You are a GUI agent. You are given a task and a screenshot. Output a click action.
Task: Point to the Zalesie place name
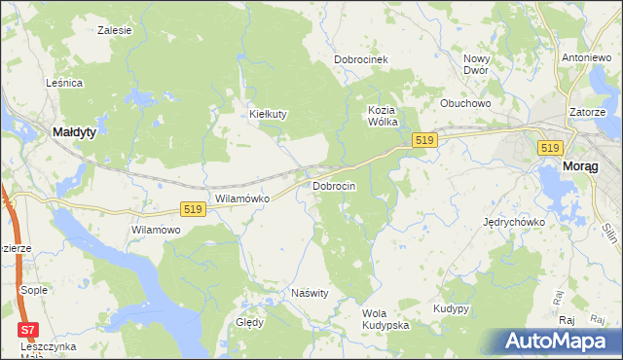coord(115,30)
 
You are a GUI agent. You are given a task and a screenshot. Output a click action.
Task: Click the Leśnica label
coord(64,84)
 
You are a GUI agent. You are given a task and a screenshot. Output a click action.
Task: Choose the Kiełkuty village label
coord(269,114)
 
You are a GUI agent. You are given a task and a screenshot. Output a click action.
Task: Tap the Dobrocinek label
coord(361,59)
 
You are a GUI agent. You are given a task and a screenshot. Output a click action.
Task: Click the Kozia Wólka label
coord(386,116)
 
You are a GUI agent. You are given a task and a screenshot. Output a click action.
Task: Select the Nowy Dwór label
coord(476,64)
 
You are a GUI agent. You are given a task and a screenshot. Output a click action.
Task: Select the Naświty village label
coord(311,292)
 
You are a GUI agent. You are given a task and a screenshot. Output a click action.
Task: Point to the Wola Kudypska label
coord(385,319)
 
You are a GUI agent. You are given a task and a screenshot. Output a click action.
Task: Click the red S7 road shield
coord(29,330)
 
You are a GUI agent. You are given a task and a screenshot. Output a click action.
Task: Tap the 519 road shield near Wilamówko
coord(192,209)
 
